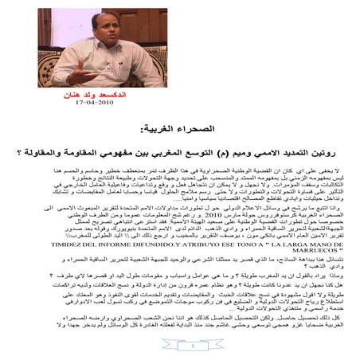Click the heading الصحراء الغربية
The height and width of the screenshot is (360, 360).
pyautogui.click(x=178, y=127)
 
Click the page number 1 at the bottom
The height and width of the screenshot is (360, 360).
pyautogui.click(x=180, y=346)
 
